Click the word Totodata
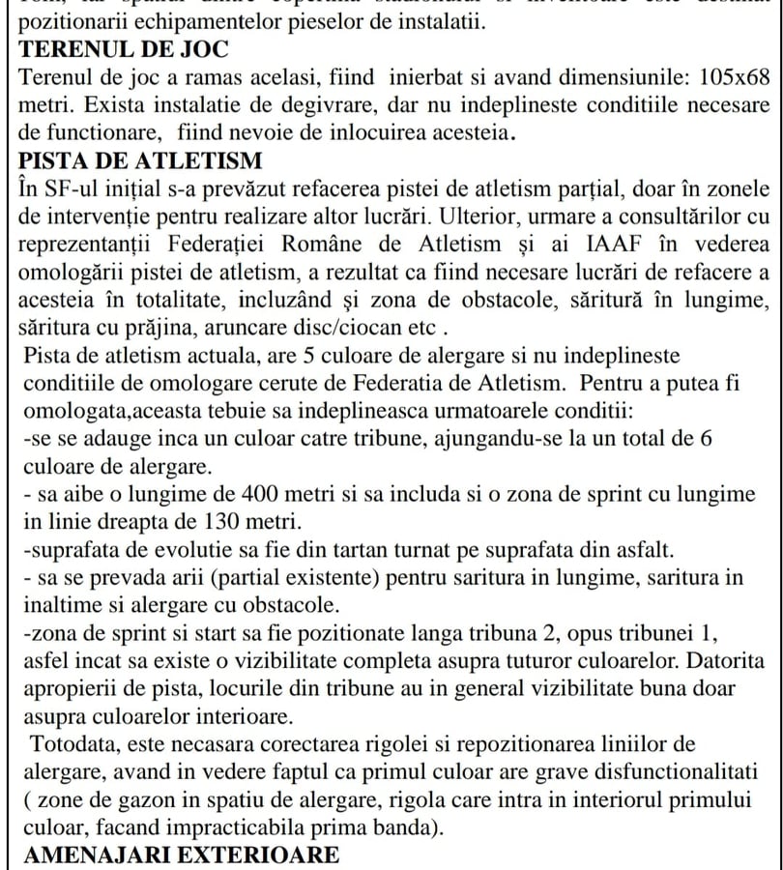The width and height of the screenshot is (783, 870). point(90,744)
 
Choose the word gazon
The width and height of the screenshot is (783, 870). point(140,800)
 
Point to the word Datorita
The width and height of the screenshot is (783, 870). point(721,661)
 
